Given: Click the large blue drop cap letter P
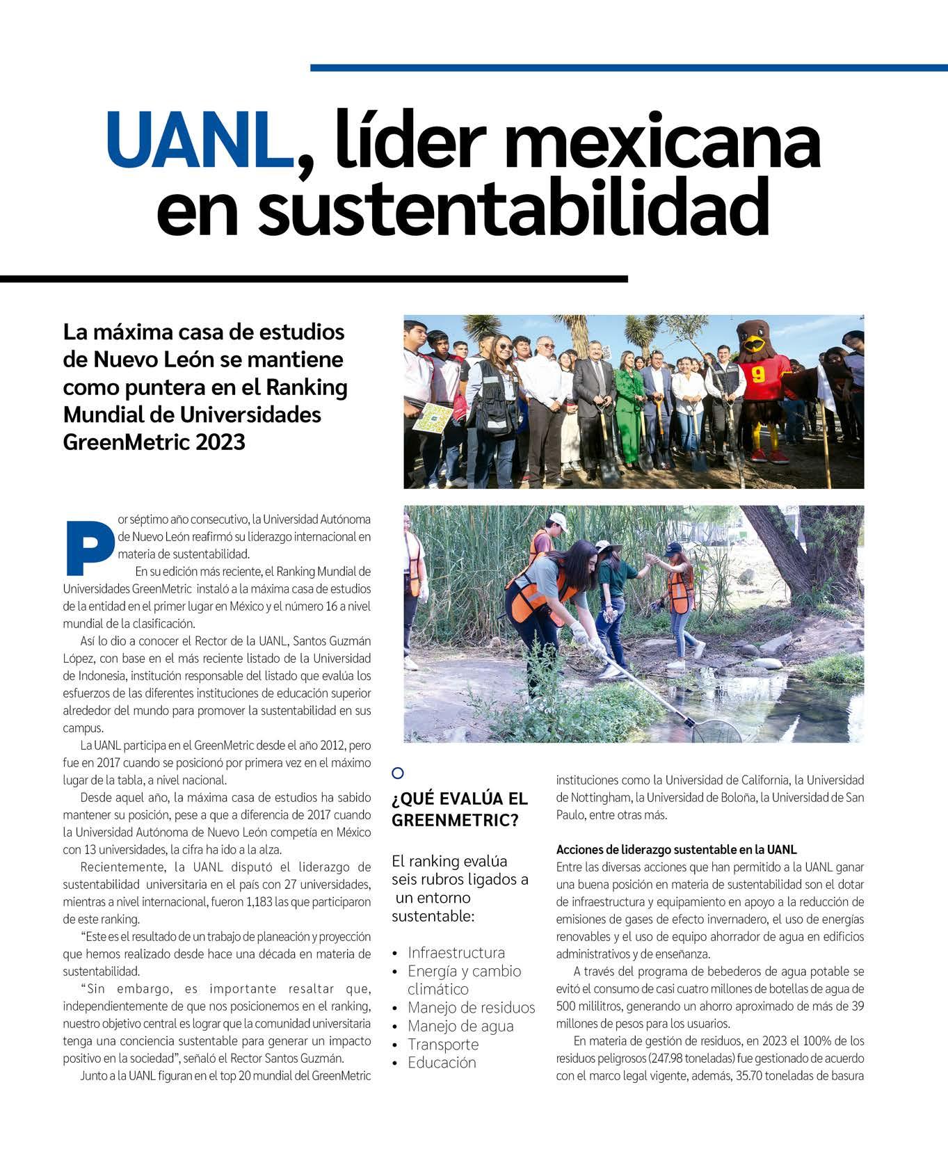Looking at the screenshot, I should tap(88, 546).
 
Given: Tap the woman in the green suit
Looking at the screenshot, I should tap(629, 407).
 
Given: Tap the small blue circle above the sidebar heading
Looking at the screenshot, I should tap(398, 773).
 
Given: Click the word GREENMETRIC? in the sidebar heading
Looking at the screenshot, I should tap(455, 820).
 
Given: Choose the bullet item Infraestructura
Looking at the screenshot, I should tap(456, 953).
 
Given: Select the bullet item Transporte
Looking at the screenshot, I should tap(443, 1045).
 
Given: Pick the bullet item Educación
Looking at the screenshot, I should tap(442, 1063).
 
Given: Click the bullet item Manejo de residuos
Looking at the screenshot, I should tap(472, 1008).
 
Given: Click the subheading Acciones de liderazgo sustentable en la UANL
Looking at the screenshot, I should tap(676, 850).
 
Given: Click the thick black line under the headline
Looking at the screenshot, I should tap(313, 279).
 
